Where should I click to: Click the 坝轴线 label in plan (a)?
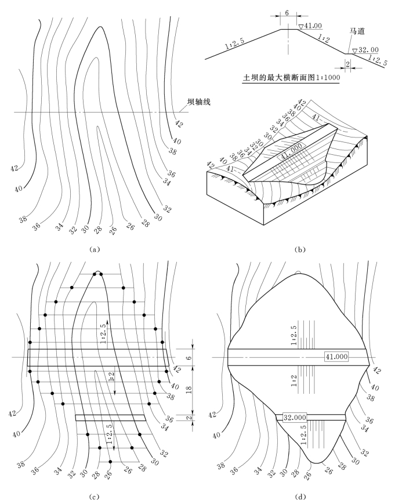click(198, 102)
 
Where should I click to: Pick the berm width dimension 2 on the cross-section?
click(347, 64)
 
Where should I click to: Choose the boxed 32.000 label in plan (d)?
click(295, 417)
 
